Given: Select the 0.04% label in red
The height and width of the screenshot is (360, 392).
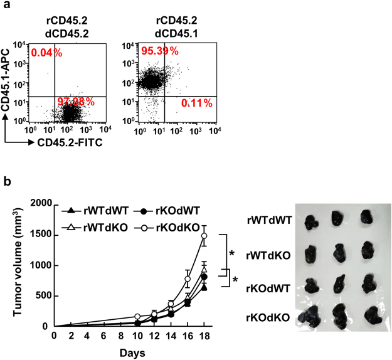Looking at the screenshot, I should [47, 52].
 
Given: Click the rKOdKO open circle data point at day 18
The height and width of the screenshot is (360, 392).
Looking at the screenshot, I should [204, 236].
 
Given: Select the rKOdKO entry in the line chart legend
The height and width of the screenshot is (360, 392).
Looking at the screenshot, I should [166, 226].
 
